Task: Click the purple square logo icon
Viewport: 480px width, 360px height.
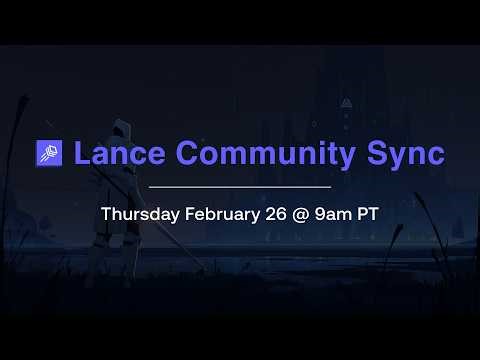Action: [x=49, y=153]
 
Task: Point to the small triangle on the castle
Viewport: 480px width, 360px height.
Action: [x=347, y=102]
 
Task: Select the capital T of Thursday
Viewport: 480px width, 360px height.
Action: [x=106, y=214]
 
